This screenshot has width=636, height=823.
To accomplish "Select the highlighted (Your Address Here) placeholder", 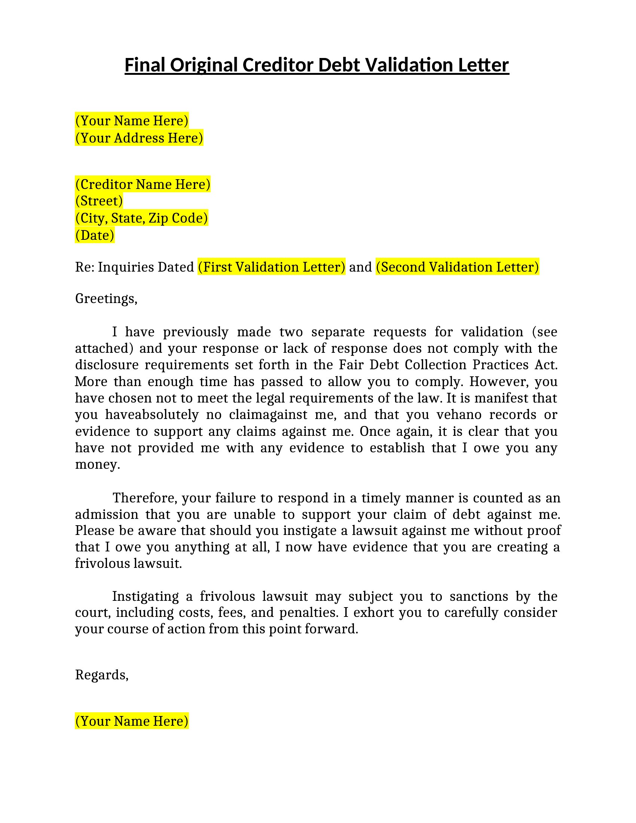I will (139, 138).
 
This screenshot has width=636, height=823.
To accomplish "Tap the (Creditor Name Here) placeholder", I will (143, 184).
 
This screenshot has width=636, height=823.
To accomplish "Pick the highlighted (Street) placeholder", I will (99, 201).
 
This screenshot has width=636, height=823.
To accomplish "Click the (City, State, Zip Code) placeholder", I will (142, 218).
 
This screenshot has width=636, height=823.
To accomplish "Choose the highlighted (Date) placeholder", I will (95, 235).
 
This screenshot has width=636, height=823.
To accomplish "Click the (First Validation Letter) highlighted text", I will (271, 267).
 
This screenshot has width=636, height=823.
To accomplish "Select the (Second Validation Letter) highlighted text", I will (458, 267).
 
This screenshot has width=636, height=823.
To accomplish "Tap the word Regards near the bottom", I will (101, 674).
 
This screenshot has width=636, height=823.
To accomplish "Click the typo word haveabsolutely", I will (152, 414).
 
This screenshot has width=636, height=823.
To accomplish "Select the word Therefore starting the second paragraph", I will (145, 498).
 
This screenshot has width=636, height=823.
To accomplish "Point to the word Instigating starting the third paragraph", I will (146, 596).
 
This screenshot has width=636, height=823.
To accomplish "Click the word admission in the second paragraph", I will (107, 514).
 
